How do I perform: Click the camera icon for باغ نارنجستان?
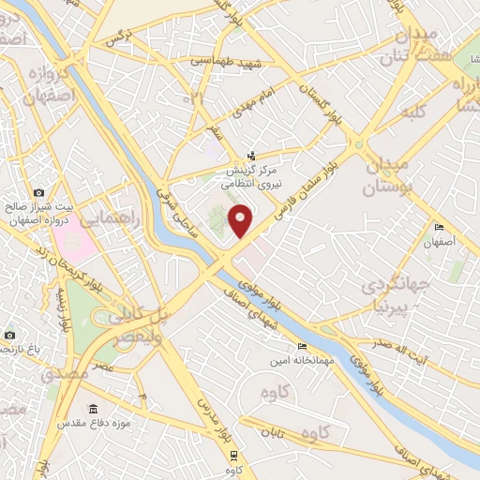click(8, 335)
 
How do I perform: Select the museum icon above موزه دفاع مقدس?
click(94, 410)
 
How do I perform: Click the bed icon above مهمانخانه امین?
click(300, 348)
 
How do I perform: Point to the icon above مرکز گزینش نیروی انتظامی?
click(249, 156)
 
